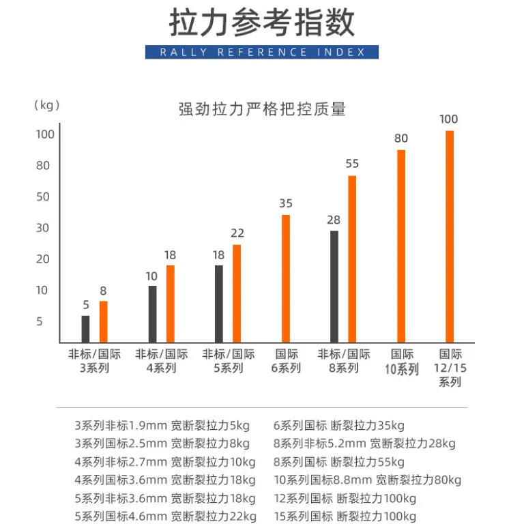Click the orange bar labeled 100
coord(450,237)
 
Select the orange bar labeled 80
coord(401,246)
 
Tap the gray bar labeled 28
coord(334,287)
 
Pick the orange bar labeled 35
coord(286,278)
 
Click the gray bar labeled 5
coord(85,329)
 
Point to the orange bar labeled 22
coord(237,294)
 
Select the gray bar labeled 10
coord(152,314)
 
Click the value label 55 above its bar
coord(352,164)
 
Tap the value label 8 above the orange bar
coord(103,291)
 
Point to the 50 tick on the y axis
coord(43,196)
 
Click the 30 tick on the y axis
coord(42,228)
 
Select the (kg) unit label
coord(47,105)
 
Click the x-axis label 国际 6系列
coord(286,361)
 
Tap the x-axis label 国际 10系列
coord(402,362)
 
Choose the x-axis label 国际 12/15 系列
coord(450,368)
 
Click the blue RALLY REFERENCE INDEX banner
coord(262,52)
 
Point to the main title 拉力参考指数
coord(262,23)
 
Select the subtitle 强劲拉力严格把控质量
coord(262,109)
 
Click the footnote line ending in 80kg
coord(368,480)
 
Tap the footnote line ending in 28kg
coord(364,443)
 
